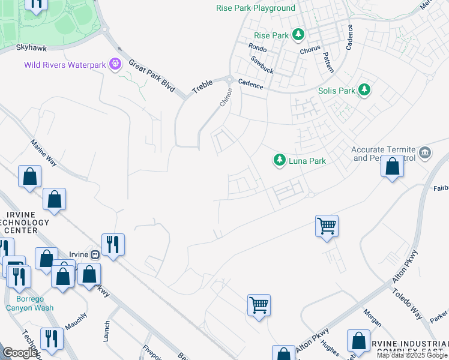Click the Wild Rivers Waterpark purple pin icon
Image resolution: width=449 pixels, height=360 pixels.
pos(115,64)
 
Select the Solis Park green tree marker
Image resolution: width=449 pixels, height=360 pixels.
pos(364,91)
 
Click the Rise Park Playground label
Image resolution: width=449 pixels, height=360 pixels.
pos(256,8)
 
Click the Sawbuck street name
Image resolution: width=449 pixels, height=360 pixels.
pos(262,65)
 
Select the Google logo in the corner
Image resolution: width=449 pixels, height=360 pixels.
pos(19,353)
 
